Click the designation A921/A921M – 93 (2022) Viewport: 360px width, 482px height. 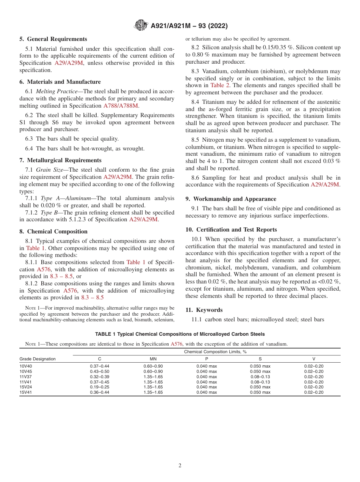(189, 26)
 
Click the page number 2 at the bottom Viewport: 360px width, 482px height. (180, 466)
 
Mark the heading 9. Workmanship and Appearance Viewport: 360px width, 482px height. (231, 199)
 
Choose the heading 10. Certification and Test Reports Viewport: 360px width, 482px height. (231, 230)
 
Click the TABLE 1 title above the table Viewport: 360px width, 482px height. (180, 334)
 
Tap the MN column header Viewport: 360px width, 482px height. (153, 359)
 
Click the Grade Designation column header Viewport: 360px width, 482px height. (38, 359)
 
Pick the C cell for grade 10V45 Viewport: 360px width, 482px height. (99, 371)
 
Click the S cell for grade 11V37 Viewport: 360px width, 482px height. (260, 377)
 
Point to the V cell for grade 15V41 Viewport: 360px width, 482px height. (313, 393)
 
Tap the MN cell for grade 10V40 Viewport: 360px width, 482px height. (153, 366)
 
